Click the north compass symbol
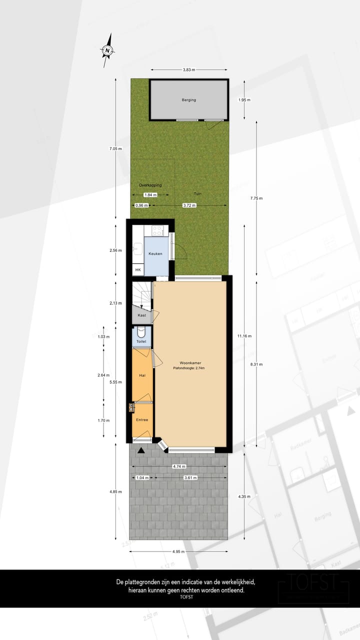(107, 50)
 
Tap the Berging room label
(189, 100)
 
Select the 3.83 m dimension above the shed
(189, 69)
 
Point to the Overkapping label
(150, 185)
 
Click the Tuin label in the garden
(198, 193)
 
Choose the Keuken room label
(155, 254)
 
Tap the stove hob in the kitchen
(157, 231)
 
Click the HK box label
(138, 270)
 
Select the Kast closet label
(141, 316)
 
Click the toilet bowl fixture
(141, 331)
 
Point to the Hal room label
(142, 375)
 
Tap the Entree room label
(142, 420)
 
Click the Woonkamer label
(190, 363)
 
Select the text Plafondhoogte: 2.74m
(189, 368)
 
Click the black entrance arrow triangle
(141, 450)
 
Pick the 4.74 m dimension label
(177, 466)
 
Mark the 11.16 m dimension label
(245, 336)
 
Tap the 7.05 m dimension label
(115, 148)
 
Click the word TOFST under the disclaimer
(186, 597)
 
